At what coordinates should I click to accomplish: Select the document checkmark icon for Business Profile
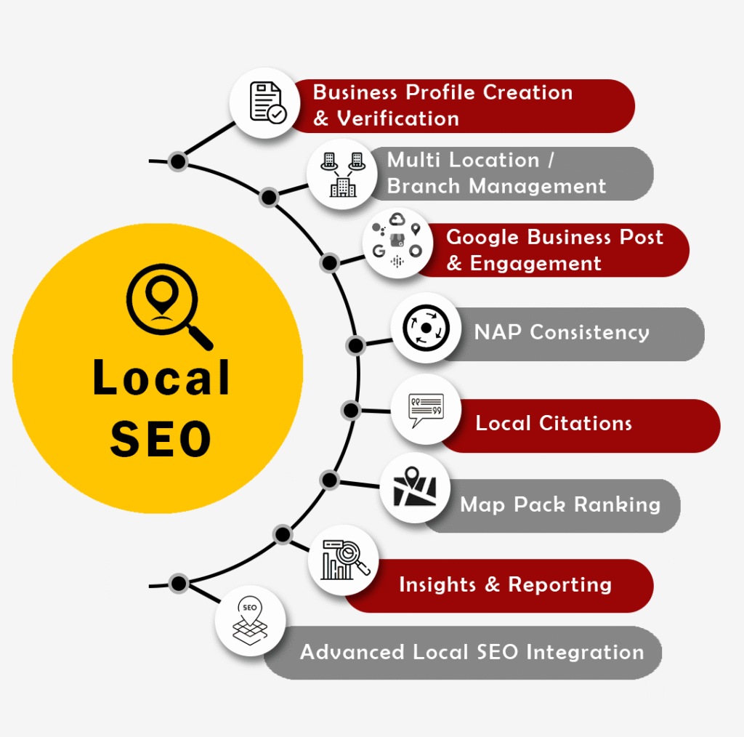(267, 103)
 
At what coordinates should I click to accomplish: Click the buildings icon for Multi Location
(341, 174)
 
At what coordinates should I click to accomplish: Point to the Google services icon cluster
(397, 242)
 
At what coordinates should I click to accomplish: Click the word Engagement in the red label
(535, 263)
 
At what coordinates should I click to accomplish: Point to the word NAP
(499, 332)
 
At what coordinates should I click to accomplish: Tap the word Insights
(438, 584)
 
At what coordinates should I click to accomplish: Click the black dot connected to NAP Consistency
(355, 345)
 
